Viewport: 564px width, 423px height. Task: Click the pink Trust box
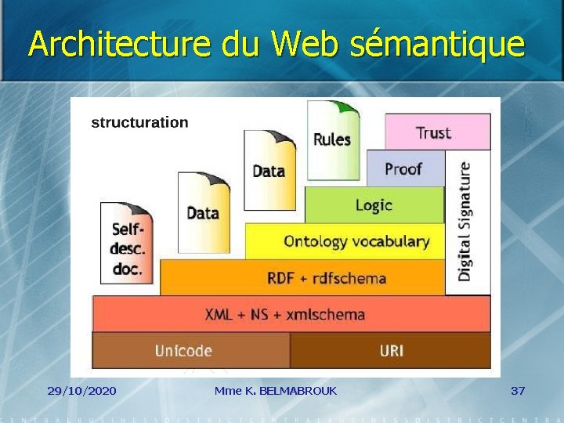click(x=437, y=132)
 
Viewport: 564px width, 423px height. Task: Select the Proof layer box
click(x=404, y=169)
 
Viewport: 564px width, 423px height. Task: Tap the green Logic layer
click(x=374, y=205)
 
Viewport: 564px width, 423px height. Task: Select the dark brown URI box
click(x=390, y=350)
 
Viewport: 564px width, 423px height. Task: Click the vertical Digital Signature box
click(x=466, y=222)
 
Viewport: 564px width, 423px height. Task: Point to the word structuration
click(x=139, y=122)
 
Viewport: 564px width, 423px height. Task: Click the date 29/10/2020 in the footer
click(x=81, y=390)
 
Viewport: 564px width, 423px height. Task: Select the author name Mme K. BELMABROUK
click(x=275, y=390)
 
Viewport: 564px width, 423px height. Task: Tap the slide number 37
click(x=518, y=390)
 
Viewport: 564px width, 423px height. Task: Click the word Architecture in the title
click(x=120, y=45)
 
